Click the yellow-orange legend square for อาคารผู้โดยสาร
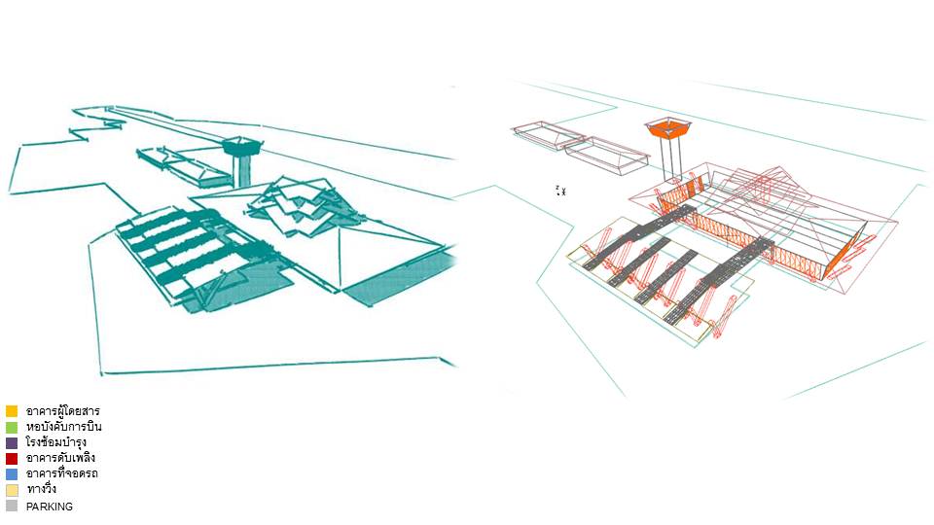click(x=12, y=411)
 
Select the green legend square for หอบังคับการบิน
click(x=12, y=427)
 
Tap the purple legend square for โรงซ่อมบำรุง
click(x=12, y=442)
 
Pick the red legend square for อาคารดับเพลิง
click(x=12, y=458)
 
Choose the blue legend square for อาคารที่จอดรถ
click(x=12, y=473)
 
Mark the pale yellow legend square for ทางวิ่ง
click(x=12, y=489)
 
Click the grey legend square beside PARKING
click(x=12, y=506)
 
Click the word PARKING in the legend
click(x=49, y=507)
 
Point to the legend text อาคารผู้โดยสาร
click(x=62, y=411)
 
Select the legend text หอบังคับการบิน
click(x=63, y=427)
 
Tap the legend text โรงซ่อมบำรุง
click(x=56, y=442)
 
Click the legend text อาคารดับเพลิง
click(x=60, y=458)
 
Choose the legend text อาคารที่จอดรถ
click(x=61, y=473)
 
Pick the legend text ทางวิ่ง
click(x=41, y=489)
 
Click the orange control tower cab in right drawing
click(x=667, y=128)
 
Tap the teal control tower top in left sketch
click(x=241, y=148)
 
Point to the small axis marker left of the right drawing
click(x=560, y=191)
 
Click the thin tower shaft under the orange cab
click(x=668, y=159)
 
